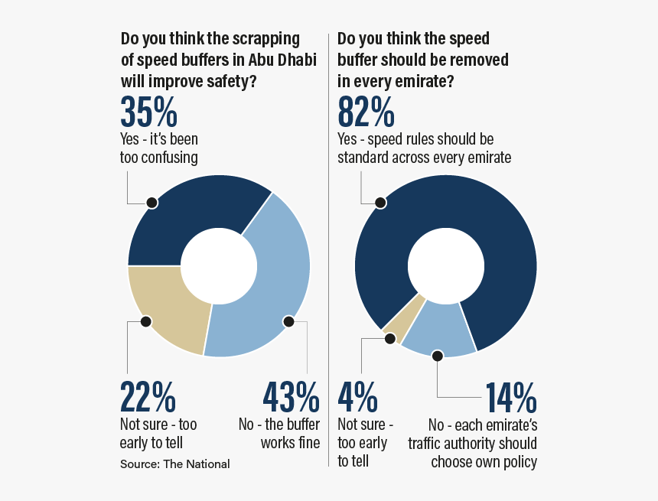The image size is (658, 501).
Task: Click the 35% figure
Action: pyautogui.click(x=148, y=112)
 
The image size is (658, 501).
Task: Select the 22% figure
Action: pyautogui.click(x=148, y=397)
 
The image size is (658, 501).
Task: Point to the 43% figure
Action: pyautogui.click(x=291, y=397)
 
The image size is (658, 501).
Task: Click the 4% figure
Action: pyautogui.click(x=357, y=397)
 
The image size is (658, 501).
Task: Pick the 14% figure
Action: pyautogui.click(x=510, y=397)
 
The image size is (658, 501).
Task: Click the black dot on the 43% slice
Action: pyautogui.click(x=288, y=322)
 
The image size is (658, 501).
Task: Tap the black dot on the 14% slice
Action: pyautogui.click(x=437, y=356)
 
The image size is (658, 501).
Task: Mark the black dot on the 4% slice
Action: pyautogui.click(x=389, y=339)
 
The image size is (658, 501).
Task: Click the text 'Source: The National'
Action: pyautogui.click(x=174, y=464)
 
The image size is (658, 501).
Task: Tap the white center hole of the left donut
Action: pyautogui.click(x=219, y=265)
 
